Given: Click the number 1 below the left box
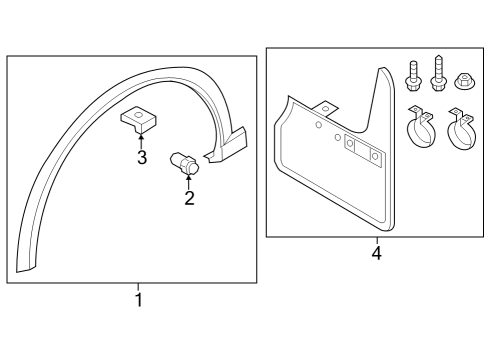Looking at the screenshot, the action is click(x=139, y=300).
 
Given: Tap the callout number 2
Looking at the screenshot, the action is click(x=189, y=198).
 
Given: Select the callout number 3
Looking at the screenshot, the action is click(x=142, y=157).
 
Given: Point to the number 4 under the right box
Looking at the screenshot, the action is click(x=377, y=253).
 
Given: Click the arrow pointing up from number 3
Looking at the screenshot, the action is click(x=141, y=141).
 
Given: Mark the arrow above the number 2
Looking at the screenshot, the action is click(x=189, y=182).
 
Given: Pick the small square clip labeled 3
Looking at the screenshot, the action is click(x=139, y=119).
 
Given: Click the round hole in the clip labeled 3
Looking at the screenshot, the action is click(x=139, y=115).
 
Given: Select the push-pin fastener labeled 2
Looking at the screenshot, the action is click(x=184, y=163).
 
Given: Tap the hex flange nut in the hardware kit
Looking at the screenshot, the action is click(x=465, y=81).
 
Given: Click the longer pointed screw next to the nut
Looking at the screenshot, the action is click(x=438, y=73).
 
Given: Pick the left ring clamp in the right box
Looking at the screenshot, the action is click(x=421, y=127).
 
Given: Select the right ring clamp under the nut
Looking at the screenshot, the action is click(x=462, y=129).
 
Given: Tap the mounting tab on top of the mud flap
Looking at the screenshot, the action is click(x=325, y=108).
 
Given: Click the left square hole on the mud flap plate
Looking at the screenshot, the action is click(x=350, y=144).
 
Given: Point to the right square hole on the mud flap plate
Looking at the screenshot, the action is click(x=375, y=156).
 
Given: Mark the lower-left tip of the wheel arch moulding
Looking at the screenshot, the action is click(x=17, y=272).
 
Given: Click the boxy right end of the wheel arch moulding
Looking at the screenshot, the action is click(x=230, y=145).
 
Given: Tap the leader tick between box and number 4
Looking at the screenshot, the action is click(x=377, y=241).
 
